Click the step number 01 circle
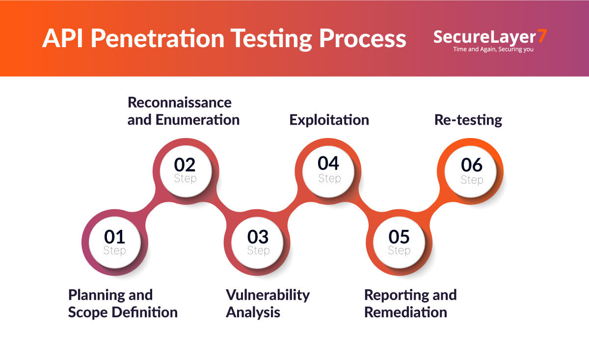click(x=114, y=242)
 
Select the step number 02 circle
click(x=185, y=169)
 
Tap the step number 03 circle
click(x=258, y=242)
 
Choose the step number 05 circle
click(x=399, y=242)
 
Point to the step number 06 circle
click(x=471, y=170)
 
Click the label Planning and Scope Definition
click(x=123, y=304)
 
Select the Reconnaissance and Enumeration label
click(x=183, y=111)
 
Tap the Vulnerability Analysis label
click(x=268, y=304)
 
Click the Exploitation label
click(x=329, y=120)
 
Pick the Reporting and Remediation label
click(x=410, y=304)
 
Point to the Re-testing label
click(x=468, y=120)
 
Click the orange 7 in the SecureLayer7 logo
click(x=542, y=36)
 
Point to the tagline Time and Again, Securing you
click(x=493, y=49)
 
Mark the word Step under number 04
click(x=329, y=178)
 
